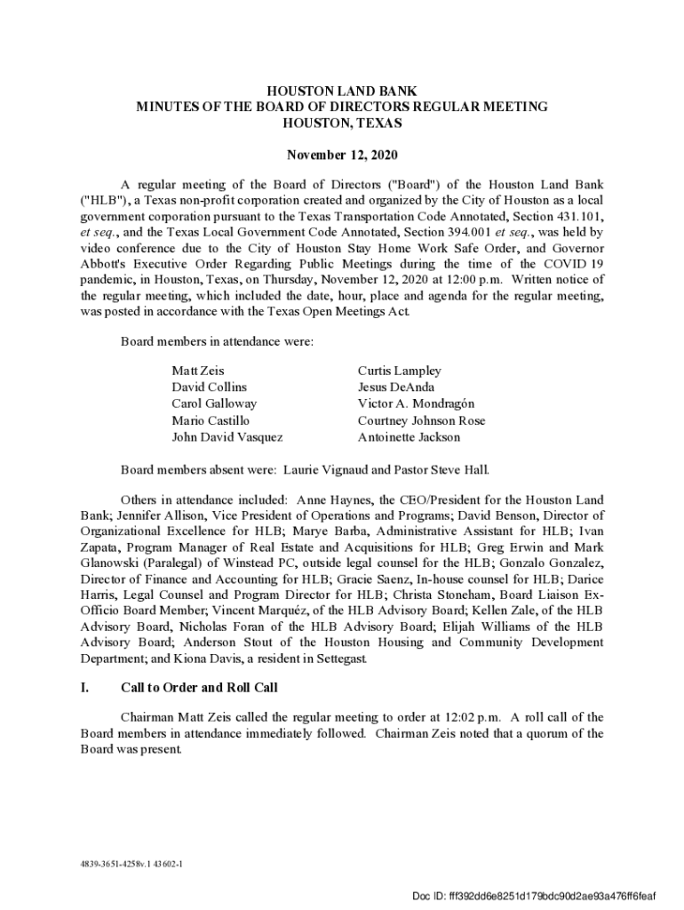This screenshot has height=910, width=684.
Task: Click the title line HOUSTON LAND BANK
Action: pyautogui.click(x=342, y=92)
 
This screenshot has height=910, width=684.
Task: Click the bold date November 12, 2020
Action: pyautogui.click(x=342, y=156)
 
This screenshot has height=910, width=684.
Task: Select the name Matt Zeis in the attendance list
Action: pyautogui.click(x=198, y=371)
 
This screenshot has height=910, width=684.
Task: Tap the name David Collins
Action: pyautogui.click(x=210, y=387)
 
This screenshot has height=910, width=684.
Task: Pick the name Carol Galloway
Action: pyautogui.click(x=214, y=403)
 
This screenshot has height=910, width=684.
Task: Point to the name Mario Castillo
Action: pyautogui.click(x=211, y=420)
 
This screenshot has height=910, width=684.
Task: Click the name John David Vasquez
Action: pyautogui.click(x=227, y=437)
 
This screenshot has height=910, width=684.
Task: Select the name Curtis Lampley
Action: pyautogui.click(x=400, y=371)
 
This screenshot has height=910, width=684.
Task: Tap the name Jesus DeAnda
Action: pyautogui.click(x=396, y=387)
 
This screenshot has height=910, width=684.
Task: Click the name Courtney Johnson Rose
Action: pyautogui.click(x=422, y=420)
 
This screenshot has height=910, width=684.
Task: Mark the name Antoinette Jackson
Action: pyautogui.click(x=410, y=437)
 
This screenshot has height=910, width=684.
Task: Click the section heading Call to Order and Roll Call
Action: pyautogui.click(x=199, y=688)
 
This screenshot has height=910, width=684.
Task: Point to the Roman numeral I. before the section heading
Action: pyautogui.click(x=84, y=688)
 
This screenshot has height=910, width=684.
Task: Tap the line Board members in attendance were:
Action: pyautogui.click(x=217, y=341)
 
